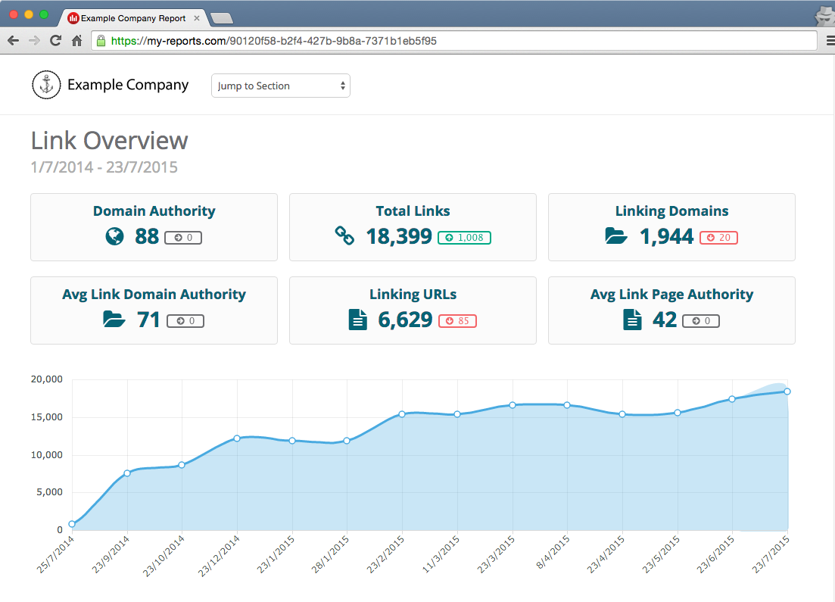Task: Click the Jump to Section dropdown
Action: pyautogui.click(x=280, y=86)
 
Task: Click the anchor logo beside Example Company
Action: pyautogui.click(x=46, y=85)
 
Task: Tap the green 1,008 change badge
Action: pyautogui.click(x=464, y=238)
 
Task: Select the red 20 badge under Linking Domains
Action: pyautogui.click(x=718, y=238)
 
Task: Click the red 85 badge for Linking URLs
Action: pyautogui.click(x=457, y=321)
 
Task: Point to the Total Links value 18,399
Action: pyautogui.click(x=399, y=237)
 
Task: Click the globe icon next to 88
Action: pyautogui.click(x=114, y=237)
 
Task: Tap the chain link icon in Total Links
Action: pyautogui.click(x=344, y=236)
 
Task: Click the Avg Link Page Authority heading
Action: pyautogui.click(x=671, y=294)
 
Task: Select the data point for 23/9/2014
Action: pyautogui.click(x=127, y=473)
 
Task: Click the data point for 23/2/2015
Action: pyautogui.click(x=402, y=414)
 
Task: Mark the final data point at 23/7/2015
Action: pyautogui.click(x=787, y=391)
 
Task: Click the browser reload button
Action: pyautogui.click(x=55, y=41)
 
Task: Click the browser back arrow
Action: pyautogui.click(x=13, y=41)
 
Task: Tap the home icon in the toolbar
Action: pyautogui.click(x=76, y=41)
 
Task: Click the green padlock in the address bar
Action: pyautogui.click(x=101, y=41)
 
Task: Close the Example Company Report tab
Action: pyautogui.click(x=198, y=17)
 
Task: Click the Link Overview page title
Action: pyautogui.click(x=109, y=141)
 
